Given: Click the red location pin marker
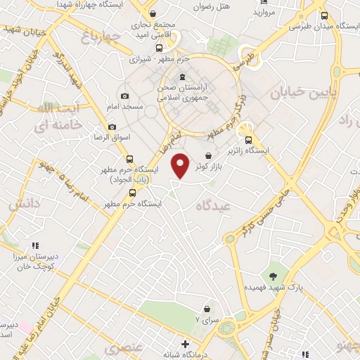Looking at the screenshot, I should pos(181,166).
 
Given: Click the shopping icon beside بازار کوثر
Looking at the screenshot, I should pos(208,156).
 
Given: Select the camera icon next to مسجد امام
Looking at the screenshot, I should pos(124,96).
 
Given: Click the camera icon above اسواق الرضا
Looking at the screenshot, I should pos(112,127).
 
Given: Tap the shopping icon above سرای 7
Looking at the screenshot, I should pos(207,307).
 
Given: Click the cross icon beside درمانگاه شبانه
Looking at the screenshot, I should pos(185,345).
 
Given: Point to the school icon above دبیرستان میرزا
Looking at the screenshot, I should pos(34,246).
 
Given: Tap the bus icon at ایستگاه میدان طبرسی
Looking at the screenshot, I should pos(323,16).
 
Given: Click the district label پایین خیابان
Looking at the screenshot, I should pos(304,91).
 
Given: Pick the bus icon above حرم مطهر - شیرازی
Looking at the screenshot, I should pos(160,49).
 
